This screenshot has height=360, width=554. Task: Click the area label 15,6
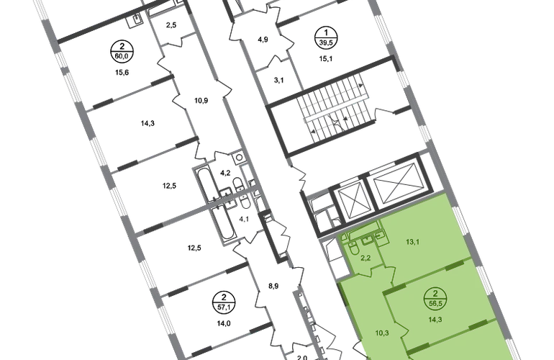click(x=122, y=73)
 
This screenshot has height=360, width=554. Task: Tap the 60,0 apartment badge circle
click(x=122, y=52)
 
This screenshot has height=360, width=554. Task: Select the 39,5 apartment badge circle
click(x=326, y=38)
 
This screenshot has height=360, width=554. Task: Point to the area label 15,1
click(x=326, y=59)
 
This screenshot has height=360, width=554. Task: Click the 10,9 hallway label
click(x=201, y=100)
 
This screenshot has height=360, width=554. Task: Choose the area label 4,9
click(x=263, y=40)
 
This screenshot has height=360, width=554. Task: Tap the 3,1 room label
click(x=278, y=80)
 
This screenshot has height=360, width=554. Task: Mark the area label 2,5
click(x=171, y=25)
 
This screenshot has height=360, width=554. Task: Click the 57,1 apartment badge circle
click(x=224, y=302)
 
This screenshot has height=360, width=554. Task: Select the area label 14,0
click(x=224, y=323)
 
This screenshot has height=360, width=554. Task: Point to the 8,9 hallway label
click(x=273, y=286)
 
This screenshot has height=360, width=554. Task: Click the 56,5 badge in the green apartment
click(x=435, y=299)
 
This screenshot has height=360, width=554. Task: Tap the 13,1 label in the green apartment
click(x=412, y=242)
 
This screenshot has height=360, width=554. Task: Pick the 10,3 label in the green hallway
click(x=382, y=333)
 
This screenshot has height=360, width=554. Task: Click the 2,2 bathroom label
click(x=365, y=258)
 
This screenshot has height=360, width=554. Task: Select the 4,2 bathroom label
click(x=225, y=173)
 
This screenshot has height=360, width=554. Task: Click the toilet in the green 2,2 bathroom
click(x=353, y=249)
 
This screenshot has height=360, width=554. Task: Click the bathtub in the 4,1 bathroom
click(x=222, y=223)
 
